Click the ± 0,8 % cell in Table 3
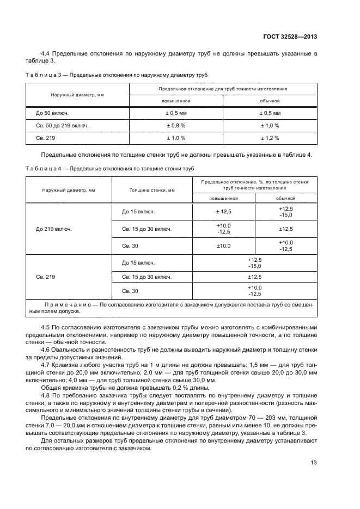(x=176, y=125)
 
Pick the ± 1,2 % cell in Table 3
(x=270, y=138)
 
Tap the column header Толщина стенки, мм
(x=152, y=190)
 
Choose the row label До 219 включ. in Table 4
(x=54, y=229)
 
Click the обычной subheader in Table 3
(x=270, y=101)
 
